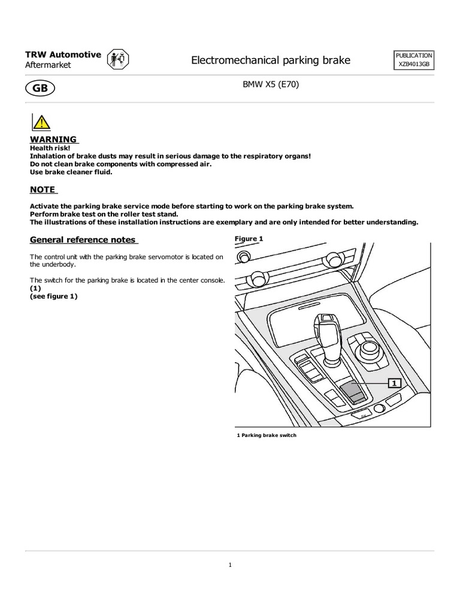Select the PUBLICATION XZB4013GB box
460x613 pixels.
tap(414, 60)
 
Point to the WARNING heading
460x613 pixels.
tap(53, 139)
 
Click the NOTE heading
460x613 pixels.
tap(43, 190)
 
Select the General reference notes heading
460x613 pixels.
tap(83, 240)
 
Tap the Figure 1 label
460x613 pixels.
tap(249, 239)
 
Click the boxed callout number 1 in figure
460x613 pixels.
tap(394, 382)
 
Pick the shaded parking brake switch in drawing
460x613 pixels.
tap(352, 392)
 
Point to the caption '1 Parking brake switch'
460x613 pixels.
tap(267, 435)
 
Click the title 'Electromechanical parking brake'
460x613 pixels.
tap(270, 60)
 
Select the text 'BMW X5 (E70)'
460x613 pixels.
tap(270, 85)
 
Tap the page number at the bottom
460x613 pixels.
tap(230, 564)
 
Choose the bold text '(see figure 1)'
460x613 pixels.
tap(54, 296)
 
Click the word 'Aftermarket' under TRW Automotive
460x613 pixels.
tap(48, 65)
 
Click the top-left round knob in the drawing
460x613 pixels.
tap(243, 256)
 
